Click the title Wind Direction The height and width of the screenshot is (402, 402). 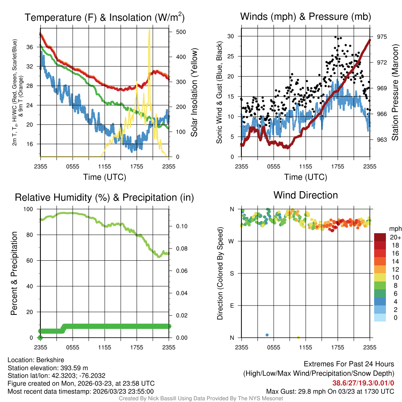[x=305, y=195]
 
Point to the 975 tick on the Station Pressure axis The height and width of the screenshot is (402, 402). [x=382, y=37]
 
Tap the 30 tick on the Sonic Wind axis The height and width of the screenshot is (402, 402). [x=231, y=36]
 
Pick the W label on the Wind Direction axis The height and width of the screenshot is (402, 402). [x=231, y=241]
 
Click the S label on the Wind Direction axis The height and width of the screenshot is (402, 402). [x=232, y=274]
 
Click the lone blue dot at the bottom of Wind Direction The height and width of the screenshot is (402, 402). [x=267, y=335]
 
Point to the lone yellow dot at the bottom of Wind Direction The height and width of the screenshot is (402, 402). [x=298, y=337]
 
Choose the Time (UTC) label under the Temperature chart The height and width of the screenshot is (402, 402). [x=104, y=177]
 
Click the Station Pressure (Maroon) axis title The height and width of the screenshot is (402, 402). [x=395, y=94]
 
